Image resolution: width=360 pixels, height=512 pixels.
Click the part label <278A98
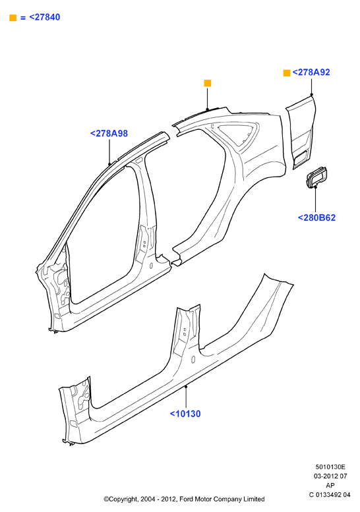(109, 133)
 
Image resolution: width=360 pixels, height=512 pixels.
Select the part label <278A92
(311, 72)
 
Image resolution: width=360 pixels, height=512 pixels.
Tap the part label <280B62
(316, 217)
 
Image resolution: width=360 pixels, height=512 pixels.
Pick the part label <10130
(185, 414)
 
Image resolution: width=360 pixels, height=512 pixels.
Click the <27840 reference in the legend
(44, 17)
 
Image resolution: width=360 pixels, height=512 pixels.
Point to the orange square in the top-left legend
(13, 18)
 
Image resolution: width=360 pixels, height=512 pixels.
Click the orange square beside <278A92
(287, 73)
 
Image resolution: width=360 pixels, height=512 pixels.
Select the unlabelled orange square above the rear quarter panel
(208, 83)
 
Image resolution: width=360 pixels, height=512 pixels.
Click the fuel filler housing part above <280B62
(316, 177)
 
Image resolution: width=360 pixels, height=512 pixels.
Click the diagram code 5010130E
(330, 467)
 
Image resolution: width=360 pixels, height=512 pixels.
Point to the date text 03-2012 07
(330, 476)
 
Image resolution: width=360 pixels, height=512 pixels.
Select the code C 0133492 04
(330, 495)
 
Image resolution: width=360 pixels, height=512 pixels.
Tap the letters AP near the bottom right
(330, 486)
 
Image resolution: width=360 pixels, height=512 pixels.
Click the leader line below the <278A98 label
(109, 151)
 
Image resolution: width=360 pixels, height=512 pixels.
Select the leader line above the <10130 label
(186, 397)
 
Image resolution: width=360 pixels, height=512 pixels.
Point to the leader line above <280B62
(316, 200)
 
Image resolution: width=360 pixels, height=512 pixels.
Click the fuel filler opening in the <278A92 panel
(300, 158)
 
